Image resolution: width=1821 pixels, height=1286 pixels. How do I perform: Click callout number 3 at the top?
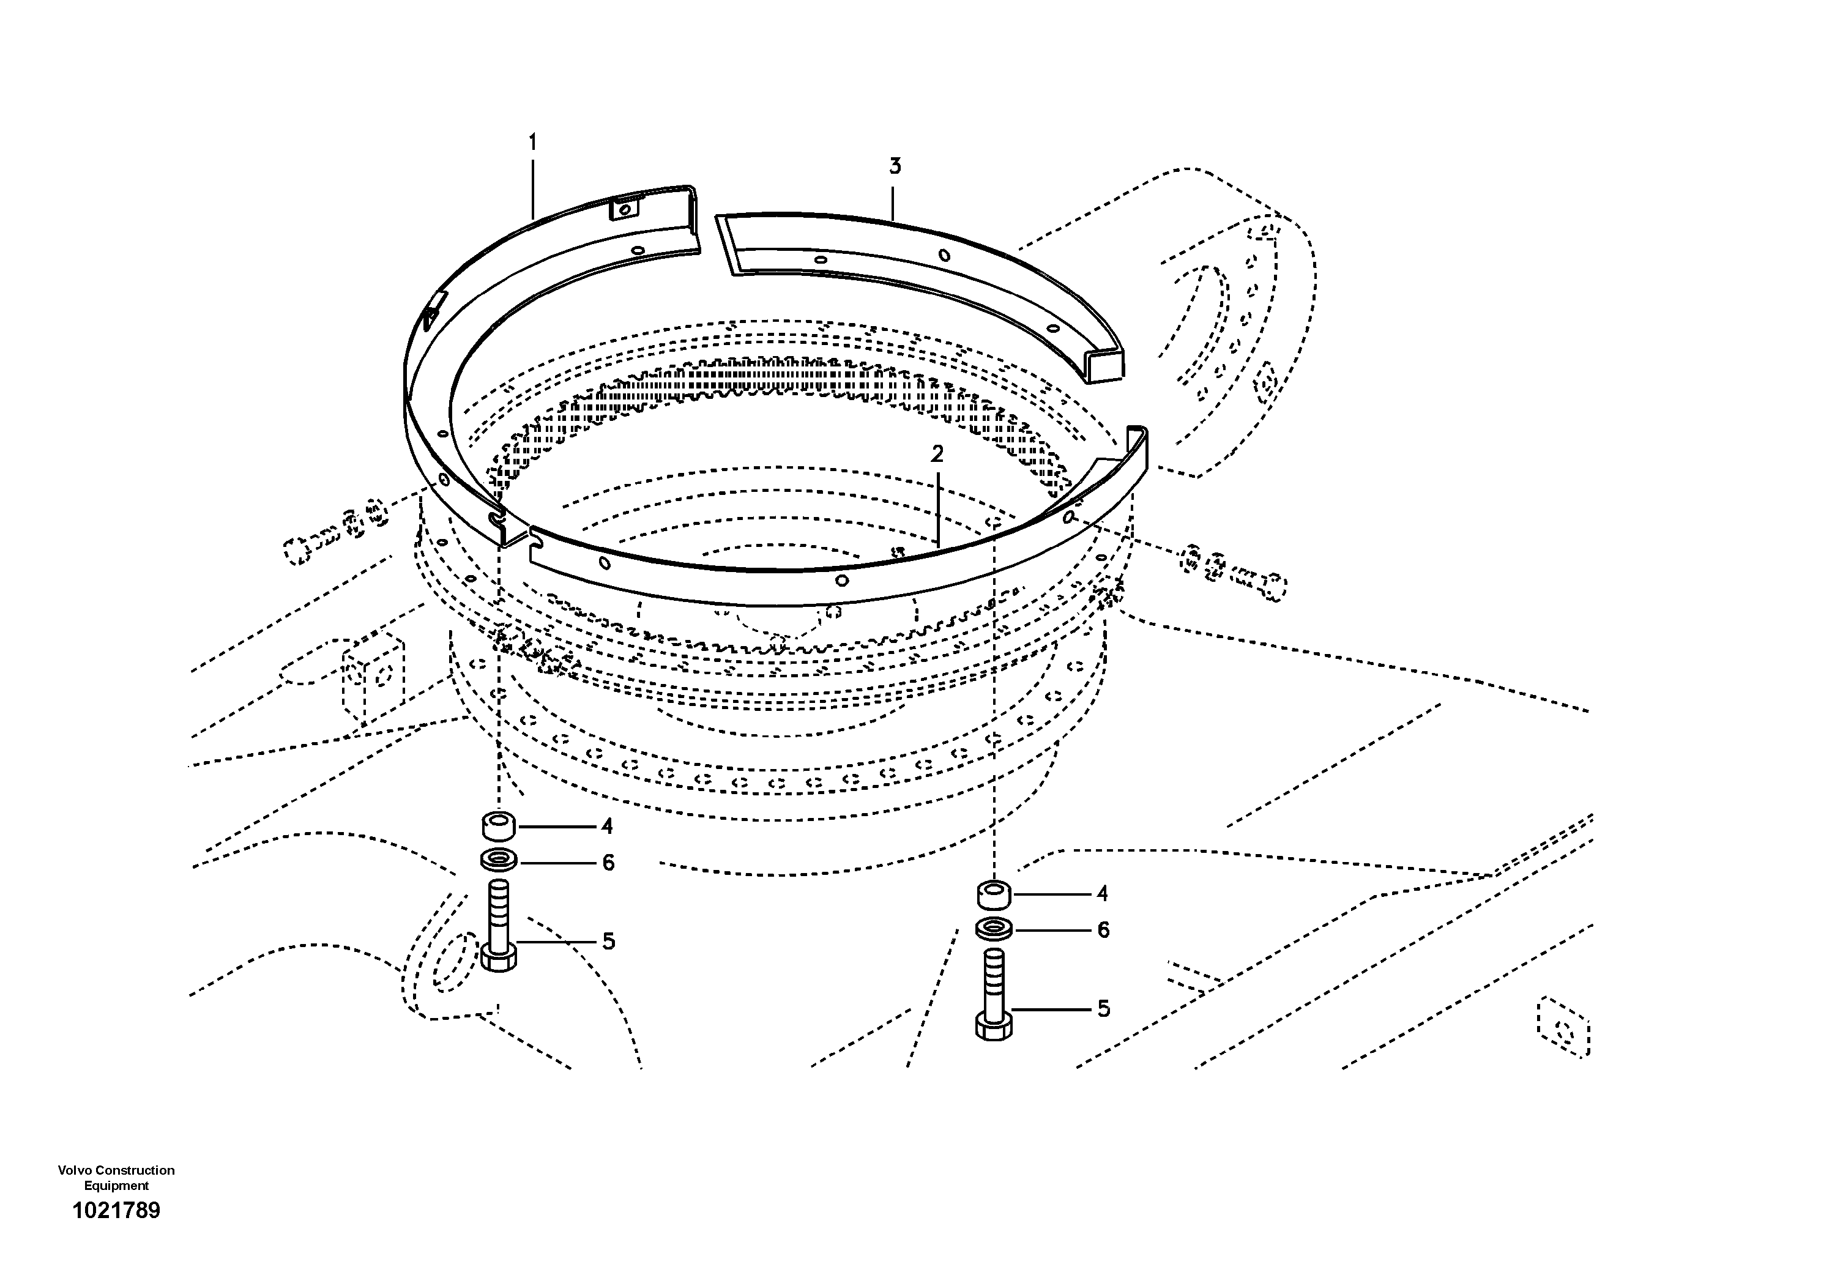pos(895,166)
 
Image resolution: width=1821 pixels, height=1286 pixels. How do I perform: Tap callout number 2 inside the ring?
pos(937,455)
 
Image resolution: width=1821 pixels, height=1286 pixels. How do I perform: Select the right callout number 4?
pos(1101,894)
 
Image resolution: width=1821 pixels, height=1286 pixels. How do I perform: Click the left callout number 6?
pos(608,863)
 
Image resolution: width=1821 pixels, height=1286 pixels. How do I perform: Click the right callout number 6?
pos(1103,930)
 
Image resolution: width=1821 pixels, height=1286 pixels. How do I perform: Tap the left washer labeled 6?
pos(498,858)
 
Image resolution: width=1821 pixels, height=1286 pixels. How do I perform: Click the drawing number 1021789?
pos(117,1210)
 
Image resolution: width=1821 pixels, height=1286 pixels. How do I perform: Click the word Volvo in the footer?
pos(75,1170)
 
